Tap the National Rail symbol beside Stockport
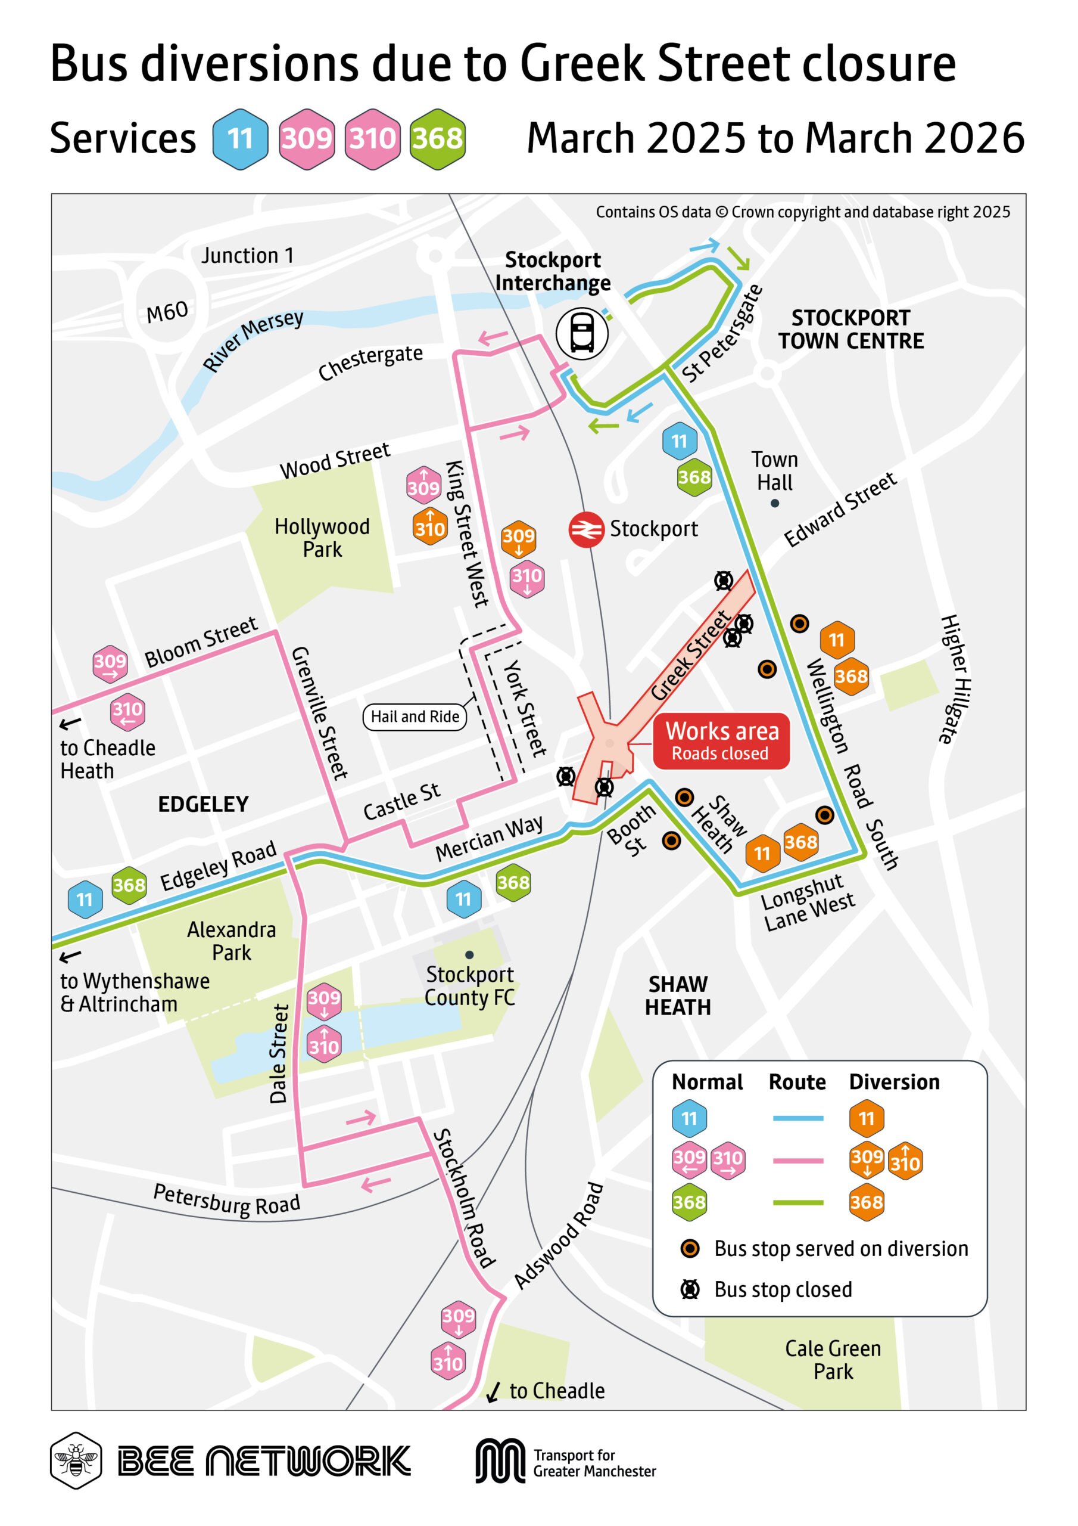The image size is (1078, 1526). pyautogui.click(x=586, y=530)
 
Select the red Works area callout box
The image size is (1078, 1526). pyautogui.click(x=721, y=741)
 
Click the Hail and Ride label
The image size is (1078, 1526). pyautogui.click(x=415, y=717)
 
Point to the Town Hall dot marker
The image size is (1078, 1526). pyautogui.click(x=774, y=503)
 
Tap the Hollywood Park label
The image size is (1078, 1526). pyautogui.click(x=322, y=538)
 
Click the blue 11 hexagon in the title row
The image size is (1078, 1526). pyautogui.click(x=241, y=139)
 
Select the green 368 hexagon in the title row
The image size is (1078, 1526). pyautogui.click(x=437, y=139)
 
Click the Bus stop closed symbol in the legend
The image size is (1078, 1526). pyautogui.click(x=690, y=1289)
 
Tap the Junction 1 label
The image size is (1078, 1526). pyautogui.click(x=247, y=255)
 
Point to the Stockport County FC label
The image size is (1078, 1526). pyautogui.click(x=469, y=986)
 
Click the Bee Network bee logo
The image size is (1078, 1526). pyautogui.click(x=76, y=1460)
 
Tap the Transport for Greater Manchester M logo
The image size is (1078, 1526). pyautogui.click(x=500, y=1460)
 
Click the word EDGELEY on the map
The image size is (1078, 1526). pyautogui.click(x=203, y=804)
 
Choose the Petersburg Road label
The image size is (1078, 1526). pyautogui.click(x=226, y=1201)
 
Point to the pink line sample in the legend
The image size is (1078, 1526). pyautogui.click(x=797, y=1161)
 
